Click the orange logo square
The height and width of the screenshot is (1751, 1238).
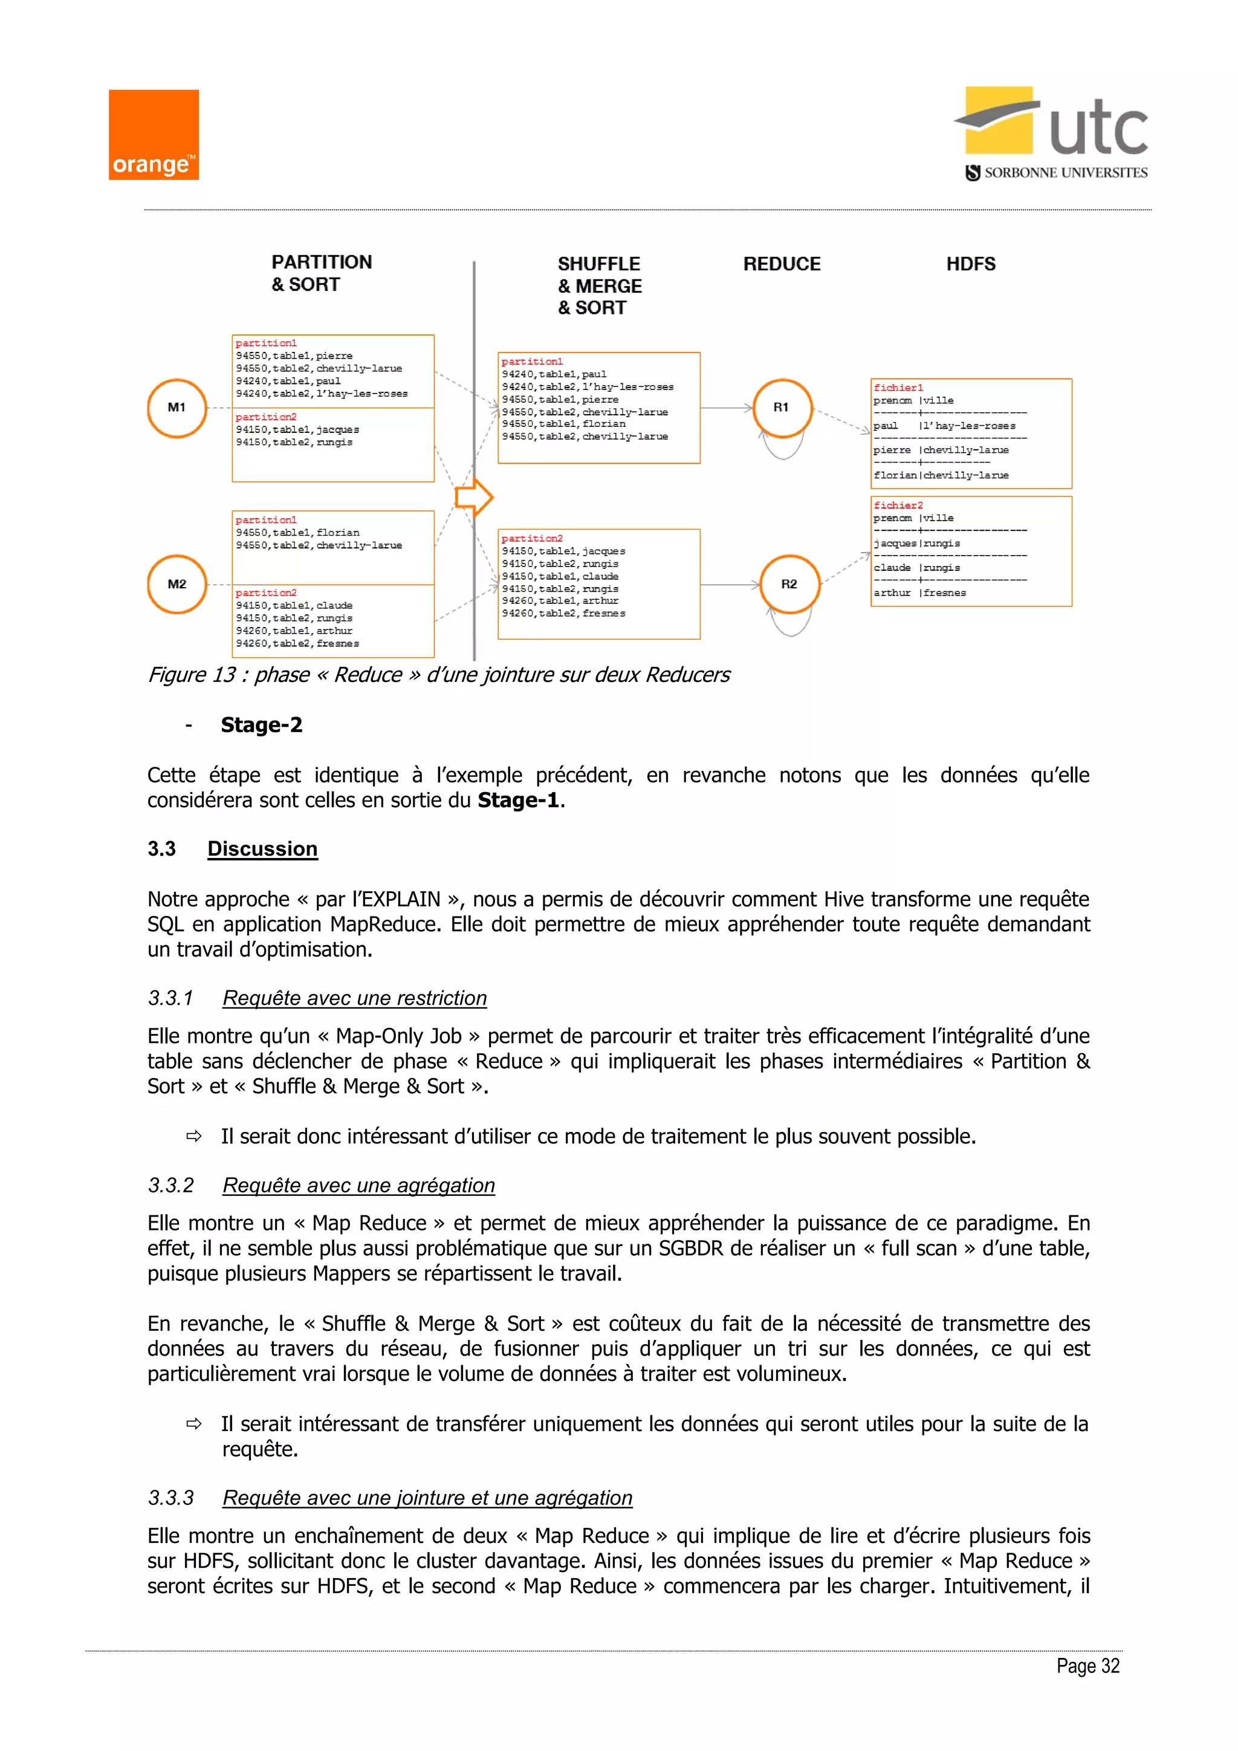tap(153, 135)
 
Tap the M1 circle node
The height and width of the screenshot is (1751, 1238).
tap(177, 408)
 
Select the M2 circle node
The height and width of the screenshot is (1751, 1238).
tap(177, 584)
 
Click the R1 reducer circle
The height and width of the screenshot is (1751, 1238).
tap(782, 408)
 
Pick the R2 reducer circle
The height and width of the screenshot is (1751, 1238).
tap(789, 584)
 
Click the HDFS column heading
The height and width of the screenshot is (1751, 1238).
tap(970, 264)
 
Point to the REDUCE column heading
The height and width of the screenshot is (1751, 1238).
tap(782, 264)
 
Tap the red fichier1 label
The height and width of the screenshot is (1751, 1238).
tap(898, 388)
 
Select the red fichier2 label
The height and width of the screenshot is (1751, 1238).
tap(898, 505)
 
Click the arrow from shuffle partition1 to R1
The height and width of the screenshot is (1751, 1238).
tap(726, 408)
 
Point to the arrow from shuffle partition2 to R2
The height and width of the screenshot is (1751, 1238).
tap(730, 585)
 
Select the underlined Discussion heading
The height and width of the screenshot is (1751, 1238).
tap(262, 849)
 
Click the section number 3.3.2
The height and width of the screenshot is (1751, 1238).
tap(170, 1185)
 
